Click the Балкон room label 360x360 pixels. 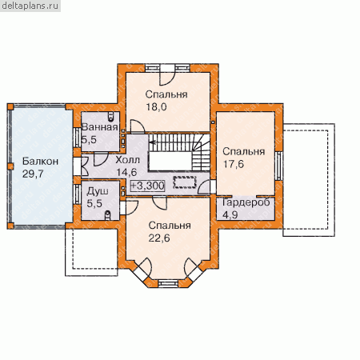coord(40,162)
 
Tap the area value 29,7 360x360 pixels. coord(33,174)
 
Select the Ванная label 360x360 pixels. coord(100,127)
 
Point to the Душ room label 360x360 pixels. coord(98,191)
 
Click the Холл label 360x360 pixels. coord(127,160)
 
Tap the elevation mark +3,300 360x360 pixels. coord(147,186)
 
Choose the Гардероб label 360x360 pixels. coord(246,202)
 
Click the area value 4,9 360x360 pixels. coord(230,214)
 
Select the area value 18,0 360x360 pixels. coord(156,107)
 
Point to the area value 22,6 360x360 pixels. coord(159,238)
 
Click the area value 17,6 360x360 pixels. coord(234,164)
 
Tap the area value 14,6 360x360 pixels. coord(126,172)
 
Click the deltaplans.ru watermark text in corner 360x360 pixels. coord(30,6)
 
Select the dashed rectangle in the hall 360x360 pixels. coord(185,182)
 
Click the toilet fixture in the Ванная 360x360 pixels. coord(111,117)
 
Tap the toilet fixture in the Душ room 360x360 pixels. coord(108,214)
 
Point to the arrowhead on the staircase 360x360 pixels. coord(152,142)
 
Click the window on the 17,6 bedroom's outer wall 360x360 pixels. coord(278,166)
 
